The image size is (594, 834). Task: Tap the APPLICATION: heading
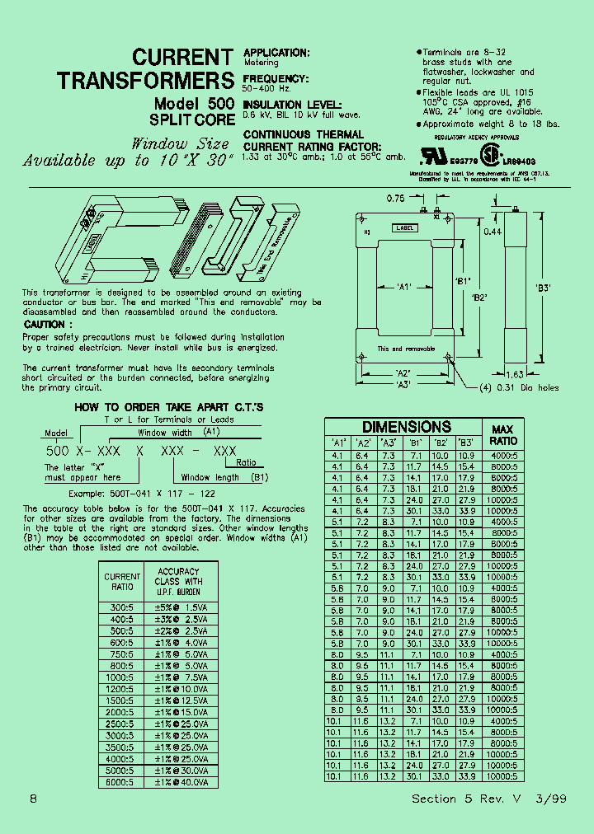(276, 53)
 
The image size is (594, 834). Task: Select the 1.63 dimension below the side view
(515, 373)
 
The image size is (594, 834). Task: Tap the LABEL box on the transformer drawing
(405, 227)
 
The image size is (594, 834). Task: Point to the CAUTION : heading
(47, 325)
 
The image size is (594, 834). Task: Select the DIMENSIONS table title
(407, 427)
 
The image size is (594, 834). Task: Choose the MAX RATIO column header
(502, 435)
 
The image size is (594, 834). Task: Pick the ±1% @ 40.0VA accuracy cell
(182, 781)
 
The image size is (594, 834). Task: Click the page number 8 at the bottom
(32, 799)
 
